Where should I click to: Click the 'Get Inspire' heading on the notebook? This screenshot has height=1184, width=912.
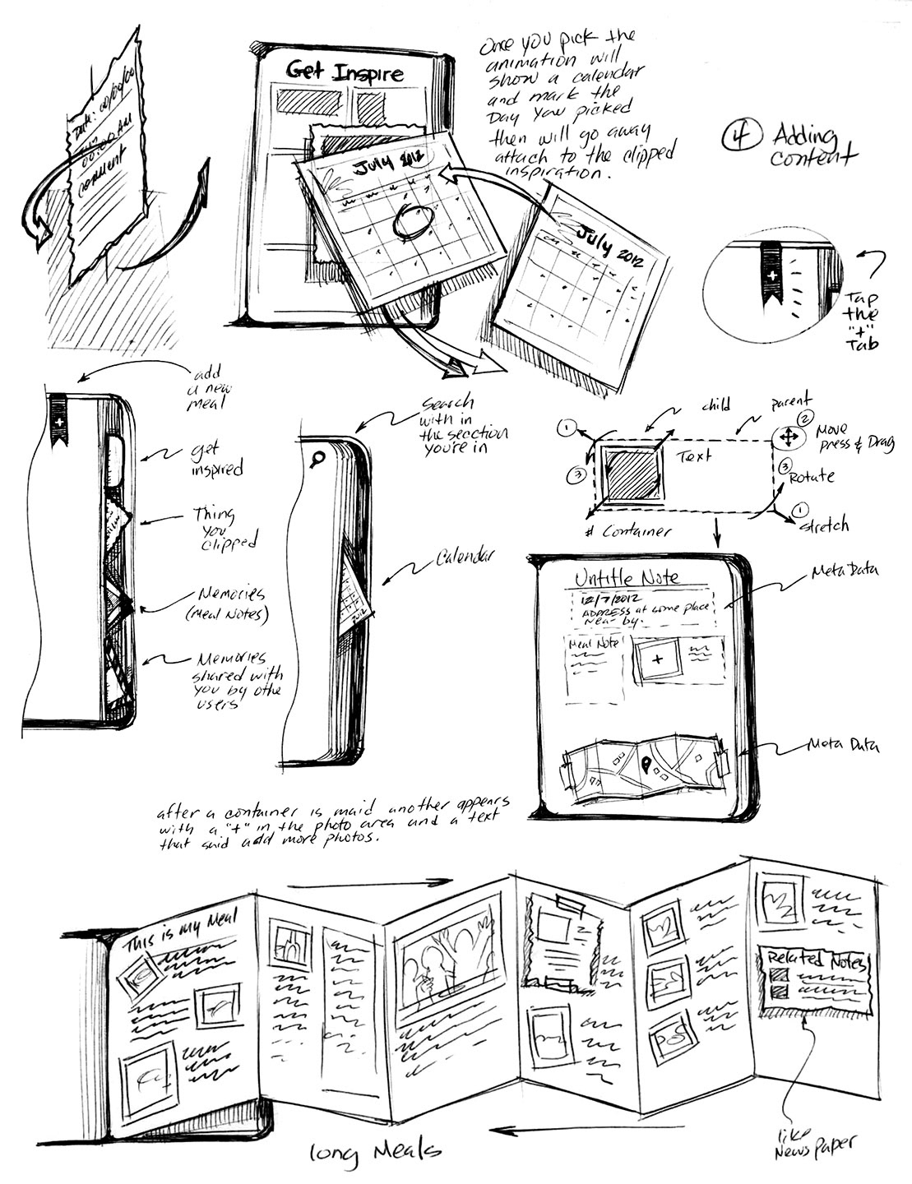click(x=344, y=73)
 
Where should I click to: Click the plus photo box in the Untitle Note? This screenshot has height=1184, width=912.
click(x=657, y=659)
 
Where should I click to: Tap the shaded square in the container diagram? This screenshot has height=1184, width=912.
click(x=632, y=474)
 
